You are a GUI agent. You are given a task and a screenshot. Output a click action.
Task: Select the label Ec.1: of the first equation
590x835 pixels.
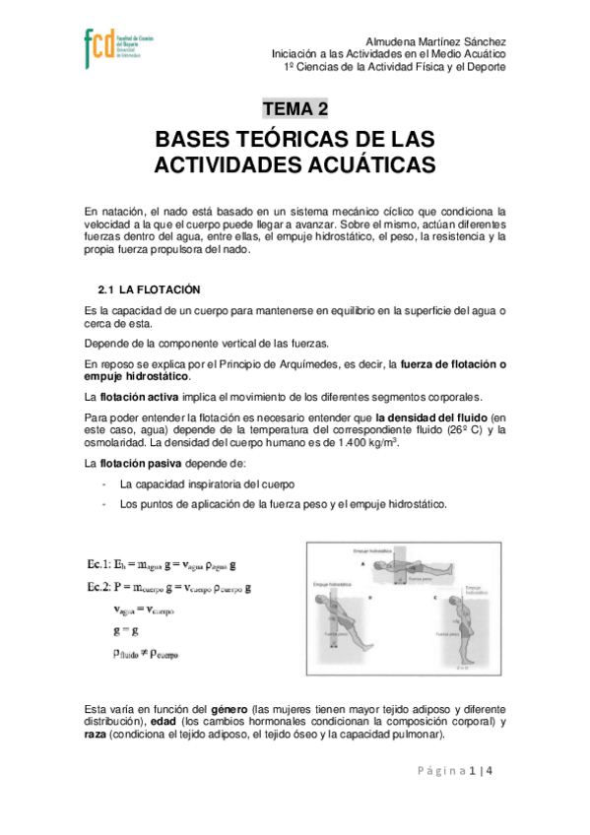[99, 565]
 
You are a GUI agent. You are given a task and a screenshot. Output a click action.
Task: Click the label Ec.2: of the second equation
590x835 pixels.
[99, 588]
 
